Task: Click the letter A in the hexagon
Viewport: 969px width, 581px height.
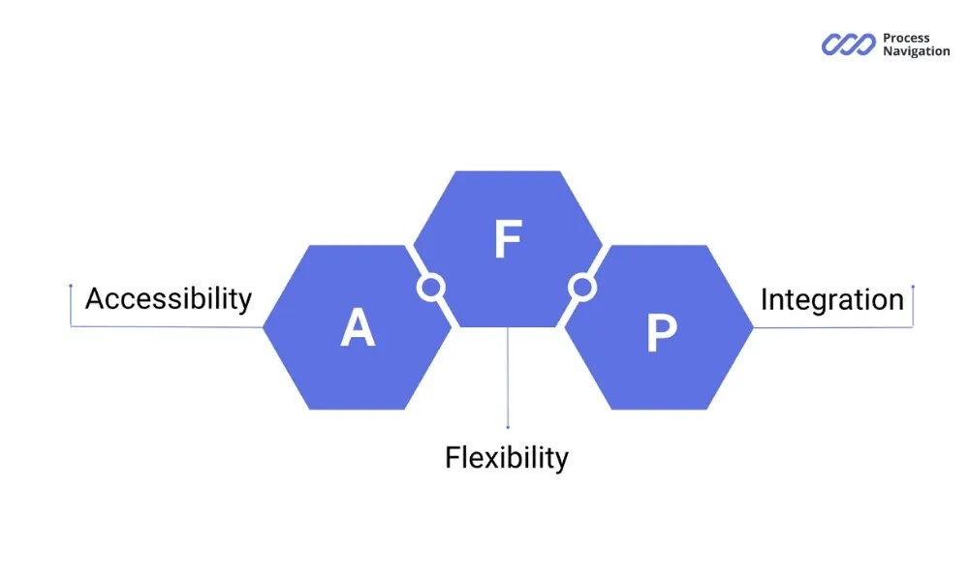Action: (358, 329)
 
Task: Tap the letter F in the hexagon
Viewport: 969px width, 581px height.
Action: (507, 241)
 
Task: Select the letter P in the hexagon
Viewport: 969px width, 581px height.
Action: (661, 333)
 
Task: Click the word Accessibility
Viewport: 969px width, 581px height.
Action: (169, 298)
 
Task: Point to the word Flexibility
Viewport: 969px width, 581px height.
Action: (507, 456)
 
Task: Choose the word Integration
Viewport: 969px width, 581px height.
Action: (831, 299)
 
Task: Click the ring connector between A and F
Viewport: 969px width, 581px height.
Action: (430, 287)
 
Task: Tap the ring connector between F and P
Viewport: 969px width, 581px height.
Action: (581, 287)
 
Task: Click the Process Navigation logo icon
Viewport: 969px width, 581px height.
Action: (849, 45)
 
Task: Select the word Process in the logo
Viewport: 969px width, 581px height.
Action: (906, 39)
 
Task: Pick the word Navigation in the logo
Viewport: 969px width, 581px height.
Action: (916, 51)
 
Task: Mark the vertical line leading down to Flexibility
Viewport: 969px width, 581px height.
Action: (508, 378)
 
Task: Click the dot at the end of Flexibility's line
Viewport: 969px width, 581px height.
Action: (508, 427)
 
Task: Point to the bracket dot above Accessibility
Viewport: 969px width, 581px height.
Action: (71, 286)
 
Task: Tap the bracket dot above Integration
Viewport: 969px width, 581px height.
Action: (913, 287)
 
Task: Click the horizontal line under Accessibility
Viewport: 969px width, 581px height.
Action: (165, 326)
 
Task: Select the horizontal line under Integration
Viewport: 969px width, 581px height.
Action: (833, 327)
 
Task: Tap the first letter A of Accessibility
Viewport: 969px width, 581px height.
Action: (95, 298)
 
